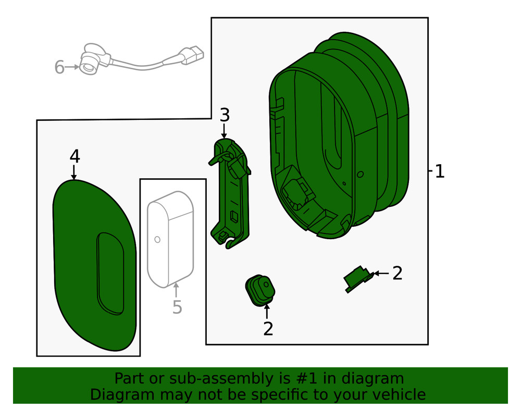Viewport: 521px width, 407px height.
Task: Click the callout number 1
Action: pos(439,171)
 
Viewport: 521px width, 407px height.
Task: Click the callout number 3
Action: pos(225,115)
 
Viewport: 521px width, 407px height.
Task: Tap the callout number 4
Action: pos(75,156)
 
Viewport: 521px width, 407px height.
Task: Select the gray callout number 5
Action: pos(177,307)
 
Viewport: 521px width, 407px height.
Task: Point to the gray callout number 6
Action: pos(59,67)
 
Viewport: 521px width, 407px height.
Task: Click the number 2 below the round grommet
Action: pos(268,329)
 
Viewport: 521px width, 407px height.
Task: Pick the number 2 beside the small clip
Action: pos(397,274)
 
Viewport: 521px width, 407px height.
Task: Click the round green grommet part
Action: pos(260,290)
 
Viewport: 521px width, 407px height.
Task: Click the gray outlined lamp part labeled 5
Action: pos(170,239)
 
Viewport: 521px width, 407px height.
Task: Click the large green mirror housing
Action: pos(339,136)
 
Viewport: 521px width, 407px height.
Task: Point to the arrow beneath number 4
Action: pos(74,172)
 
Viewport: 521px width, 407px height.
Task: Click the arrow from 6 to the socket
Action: pos(72,67)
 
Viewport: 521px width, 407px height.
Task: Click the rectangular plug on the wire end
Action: pos(194,55)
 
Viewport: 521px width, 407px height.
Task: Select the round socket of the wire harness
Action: pos(89,66)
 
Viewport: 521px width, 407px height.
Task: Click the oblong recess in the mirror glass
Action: pos(110,274)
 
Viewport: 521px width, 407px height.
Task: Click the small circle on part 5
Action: pos(157,240)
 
